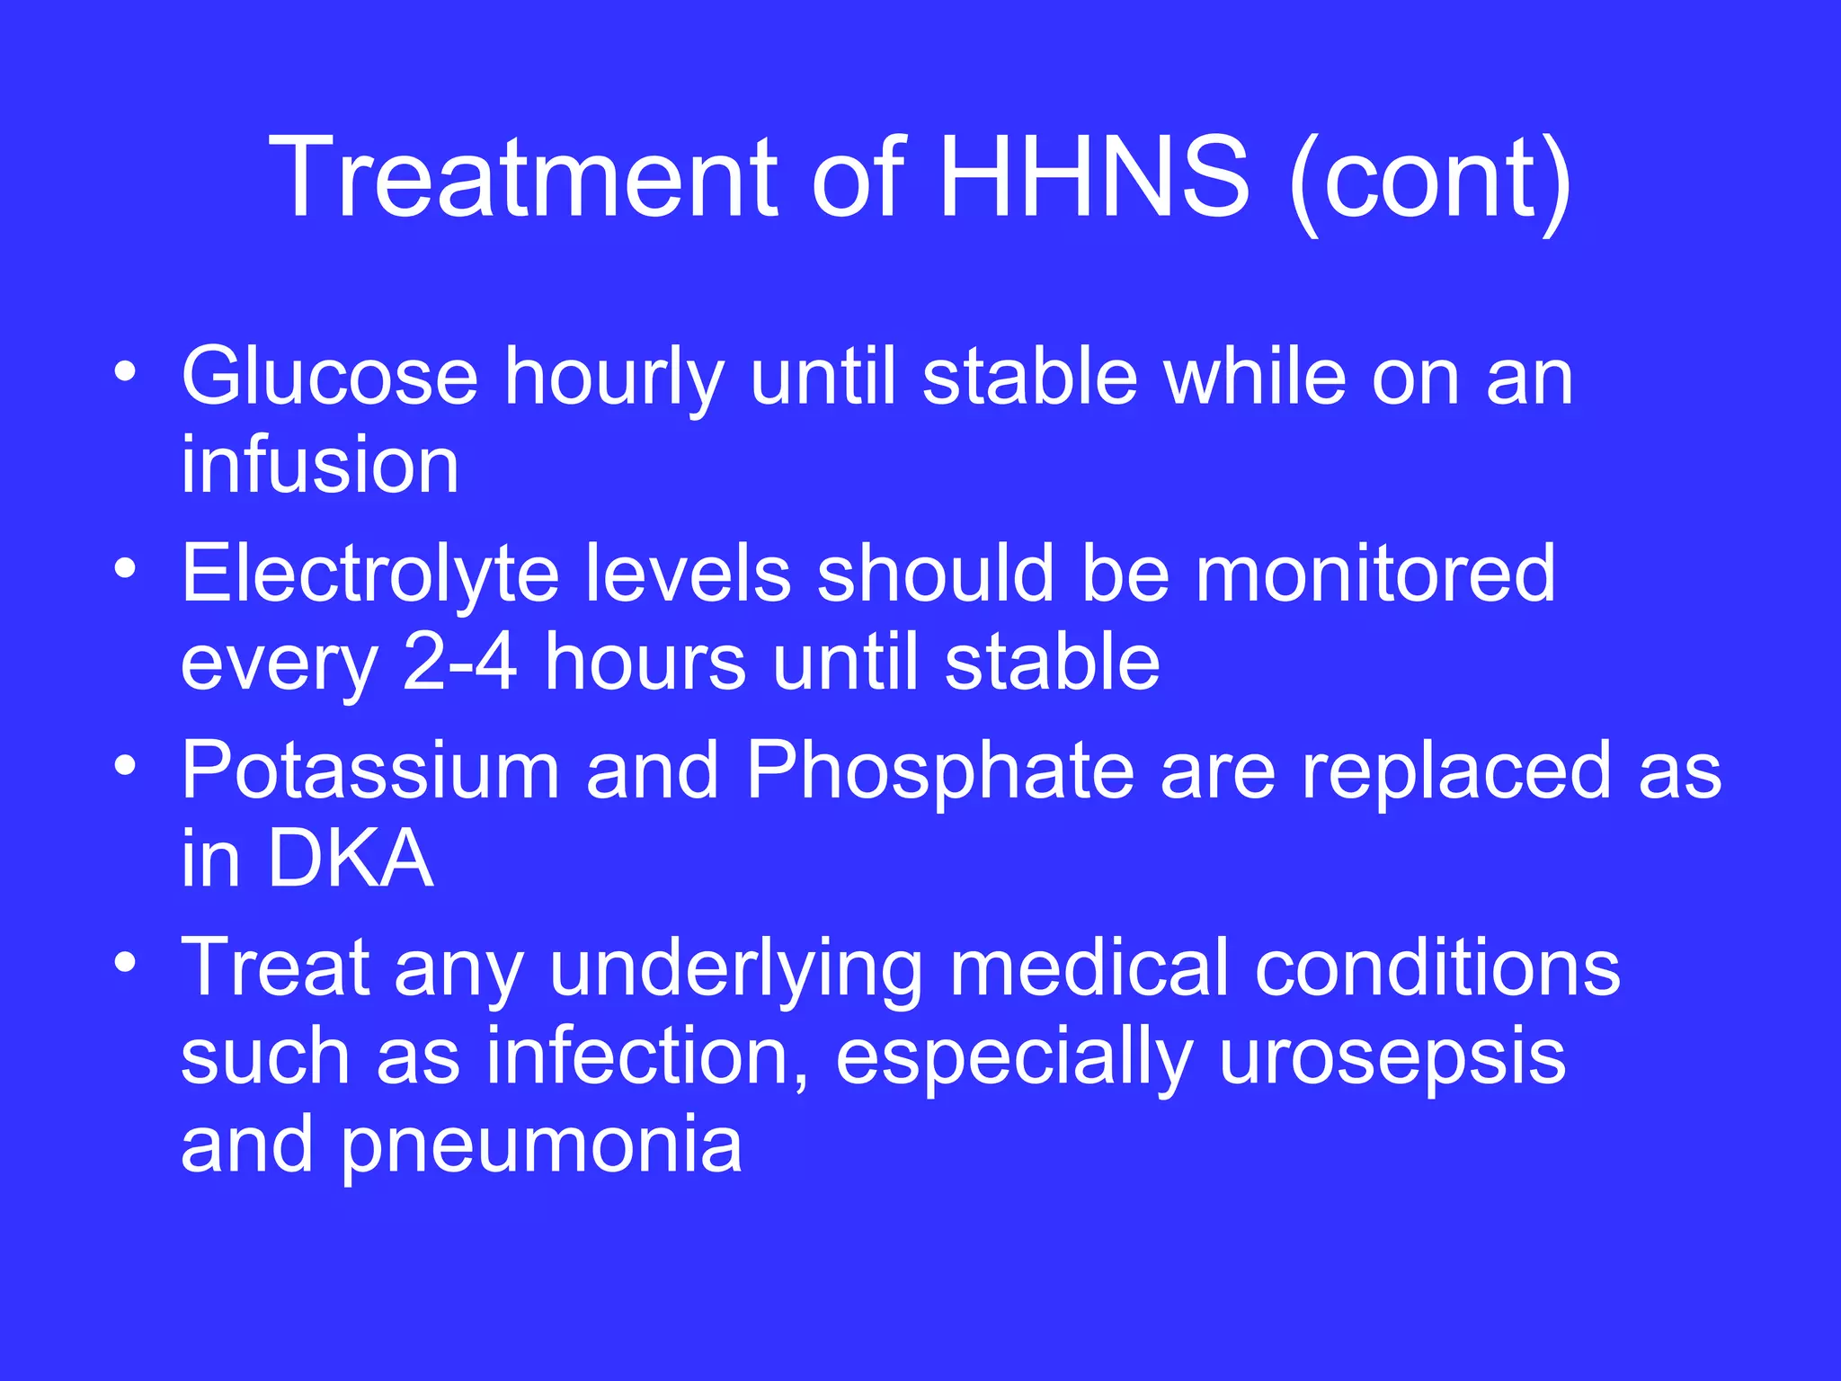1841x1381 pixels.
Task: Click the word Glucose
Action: [329, 377]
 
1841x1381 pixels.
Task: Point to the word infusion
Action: [320, 465]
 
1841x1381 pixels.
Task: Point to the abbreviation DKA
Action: [351, 859]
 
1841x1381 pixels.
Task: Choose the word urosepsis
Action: [1392, 1059]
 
